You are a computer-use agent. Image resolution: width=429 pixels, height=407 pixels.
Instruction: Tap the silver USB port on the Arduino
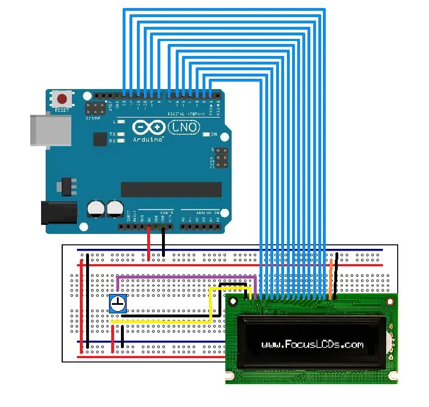[50, 131]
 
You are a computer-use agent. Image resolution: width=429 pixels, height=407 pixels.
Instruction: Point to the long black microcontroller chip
[171, 190]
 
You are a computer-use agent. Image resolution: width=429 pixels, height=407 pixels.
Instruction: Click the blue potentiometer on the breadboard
[118, 303]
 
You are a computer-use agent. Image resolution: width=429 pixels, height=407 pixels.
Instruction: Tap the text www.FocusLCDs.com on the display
[312, 344]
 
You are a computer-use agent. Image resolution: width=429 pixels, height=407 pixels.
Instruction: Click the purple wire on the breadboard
[183, 277]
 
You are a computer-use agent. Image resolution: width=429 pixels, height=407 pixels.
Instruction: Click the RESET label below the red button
[62, 110]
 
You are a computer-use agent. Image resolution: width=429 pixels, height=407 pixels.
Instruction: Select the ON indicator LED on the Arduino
[207, 135]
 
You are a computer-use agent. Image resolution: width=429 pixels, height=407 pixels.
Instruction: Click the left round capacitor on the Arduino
[96, 208]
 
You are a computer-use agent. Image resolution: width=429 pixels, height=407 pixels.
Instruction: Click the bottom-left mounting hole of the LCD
[229, 377]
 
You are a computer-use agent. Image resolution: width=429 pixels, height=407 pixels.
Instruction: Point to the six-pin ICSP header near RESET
[95, 108]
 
